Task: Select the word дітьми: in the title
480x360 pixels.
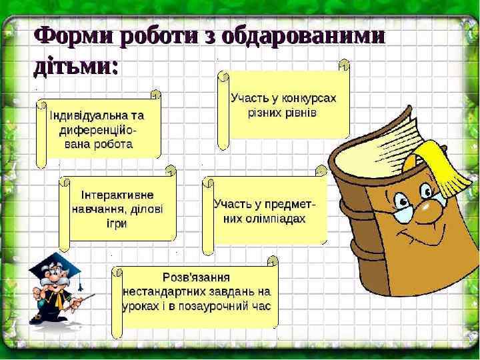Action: (x=75, y=67)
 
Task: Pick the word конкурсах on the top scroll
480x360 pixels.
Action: (x=307, y=98)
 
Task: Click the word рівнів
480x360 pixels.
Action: (x=300, y=113)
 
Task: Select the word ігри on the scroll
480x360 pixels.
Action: (x=117, y=223)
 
